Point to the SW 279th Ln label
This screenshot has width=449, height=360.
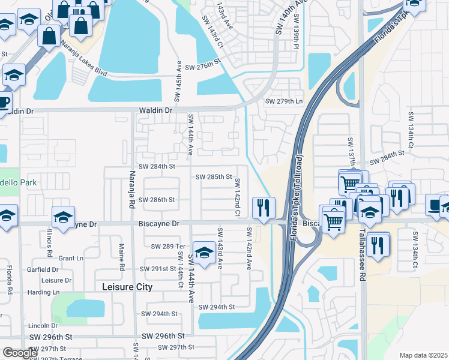[x=284, y=101]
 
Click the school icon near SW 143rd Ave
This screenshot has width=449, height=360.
[x=204, y=252]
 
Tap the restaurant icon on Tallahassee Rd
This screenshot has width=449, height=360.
[x=378, y=245]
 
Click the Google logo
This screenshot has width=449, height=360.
[x=20, y=353]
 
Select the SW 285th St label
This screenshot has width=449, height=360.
[x=214, y=177]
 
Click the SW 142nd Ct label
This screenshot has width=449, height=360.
[x=238, y=197]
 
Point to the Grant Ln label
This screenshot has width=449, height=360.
[x=71, y=258]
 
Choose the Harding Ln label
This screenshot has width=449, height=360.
[x=47, y=292]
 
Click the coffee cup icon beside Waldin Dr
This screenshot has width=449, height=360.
[x=3, y=102]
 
